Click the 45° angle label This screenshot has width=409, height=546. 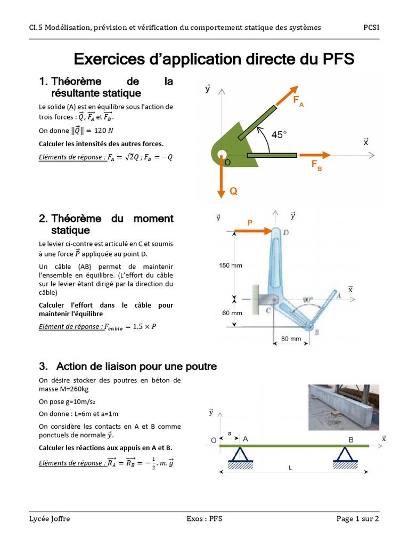(279, 135)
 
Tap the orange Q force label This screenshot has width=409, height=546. (233, 191)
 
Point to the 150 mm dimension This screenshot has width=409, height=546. (231, 265)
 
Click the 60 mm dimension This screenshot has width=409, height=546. (232, 313)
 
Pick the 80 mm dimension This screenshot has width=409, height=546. (291, 338)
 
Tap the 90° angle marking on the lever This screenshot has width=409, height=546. (308, 300)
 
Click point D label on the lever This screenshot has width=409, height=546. (286, 232)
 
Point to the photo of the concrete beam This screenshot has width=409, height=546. (343, 407)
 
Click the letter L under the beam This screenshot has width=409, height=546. (290, 468)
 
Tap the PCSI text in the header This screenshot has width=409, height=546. (371, 27)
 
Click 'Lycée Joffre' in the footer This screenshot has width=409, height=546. (49, 518)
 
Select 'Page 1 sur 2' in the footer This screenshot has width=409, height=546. (357, 518)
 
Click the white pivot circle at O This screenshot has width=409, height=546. (222, 155)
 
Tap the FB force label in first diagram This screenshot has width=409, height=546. (316, 165)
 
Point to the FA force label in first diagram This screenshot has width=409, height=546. (298, 101)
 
